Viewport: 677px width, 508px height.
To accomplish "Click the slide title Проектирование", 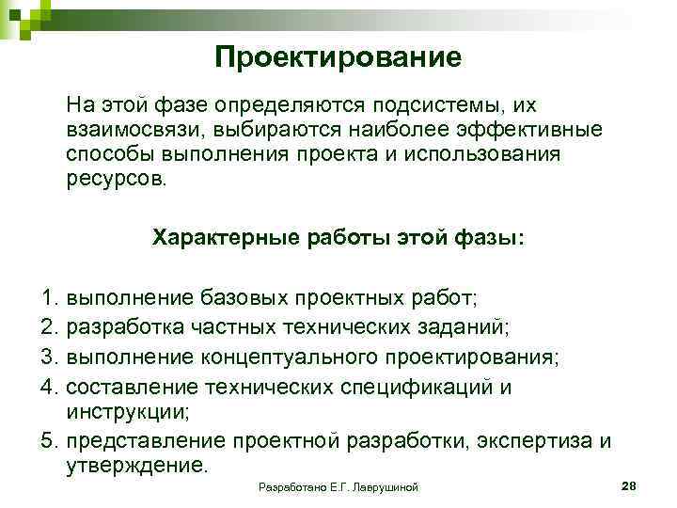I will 338,58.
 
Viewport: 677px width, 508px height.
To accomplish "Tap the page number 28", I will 630,484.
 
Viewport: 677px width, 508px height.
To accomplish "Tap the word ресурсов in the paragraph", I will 115,179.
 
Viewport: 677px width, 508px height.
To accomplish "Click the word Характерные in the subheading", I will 226,238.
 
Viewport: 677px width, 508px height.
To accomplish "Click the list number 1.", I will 51,298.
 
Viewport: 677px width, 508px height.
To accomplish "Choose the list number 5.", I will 51,440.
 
